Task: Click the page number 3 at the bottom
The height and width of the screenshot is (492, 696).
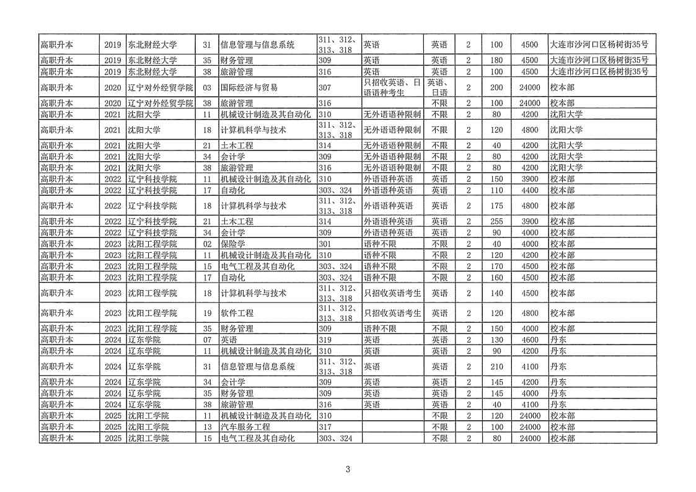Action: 348,469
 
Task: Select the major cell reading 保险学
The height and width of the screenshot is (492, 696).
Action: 233,244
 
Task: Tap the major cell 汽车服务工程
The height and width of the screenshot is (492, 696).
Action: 245,427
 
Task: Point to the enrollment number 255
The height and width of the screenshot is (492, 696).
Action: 496,221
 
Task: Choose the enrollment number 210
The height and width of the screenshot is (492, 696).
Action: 496,366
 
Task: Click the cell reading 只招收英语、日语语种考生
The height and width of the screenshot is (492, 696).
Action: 392,88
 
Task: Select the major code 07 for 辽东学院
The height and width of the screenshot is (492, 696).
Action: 207,340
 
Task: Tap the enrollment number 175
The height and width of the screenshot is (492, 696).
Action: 496,206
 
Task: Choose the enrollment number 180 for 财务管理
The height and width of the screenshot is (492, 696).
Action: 496,60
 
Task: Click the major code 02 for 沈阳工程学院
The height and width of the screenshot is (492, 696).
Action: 207,244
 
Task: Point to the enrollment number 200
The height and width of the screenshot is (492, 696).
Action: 496,88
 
